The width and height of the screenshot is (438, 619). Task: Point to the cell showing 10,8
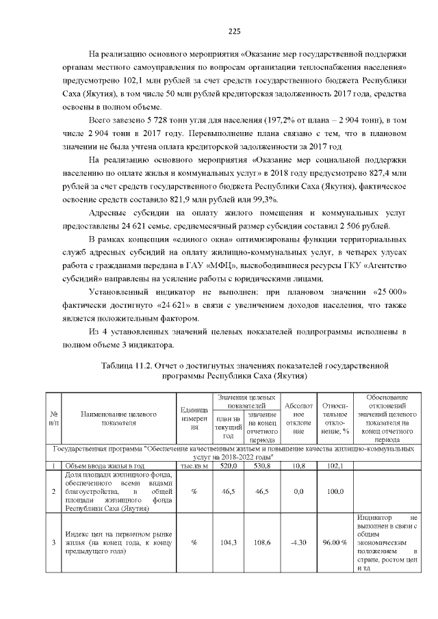click(298, 466)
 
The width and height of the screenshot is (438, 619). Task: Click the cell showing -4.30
click(298, 542)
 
